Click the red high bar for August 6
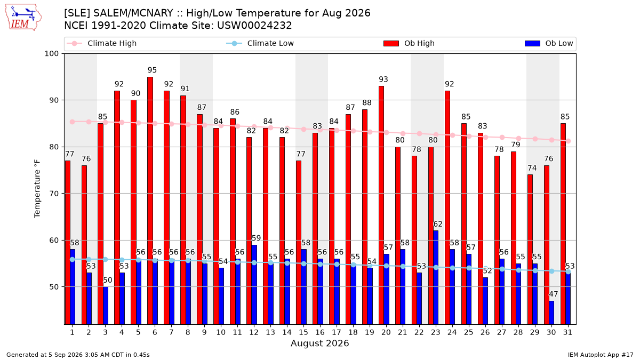(150, 201)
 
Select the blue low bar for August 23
(436, 277)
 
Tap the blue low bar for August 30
(551, 313)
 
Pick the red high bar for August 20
(381, 205)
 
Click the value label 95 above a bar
(153, 70)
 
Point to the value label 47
(554, 294)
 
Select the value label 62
(438, 224)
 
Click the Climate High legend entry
(101, 43)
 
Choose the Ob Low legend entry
(549, 43)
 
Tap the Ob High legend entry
(409, 43)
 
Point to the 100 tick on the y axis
(51, 54)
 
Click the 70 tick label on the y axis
(54, 194)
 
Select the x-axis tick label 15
(303, 332)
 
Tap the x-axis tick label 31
(567, 332)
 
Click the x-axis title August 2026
(319, 343)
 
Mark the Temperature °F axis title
(37, 189)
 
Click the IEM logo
(23, 18)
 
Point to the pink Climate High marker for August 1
(73, 122)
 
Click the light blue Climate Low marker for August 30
(551, 271)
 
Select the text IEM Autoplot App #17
(601, 355)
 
